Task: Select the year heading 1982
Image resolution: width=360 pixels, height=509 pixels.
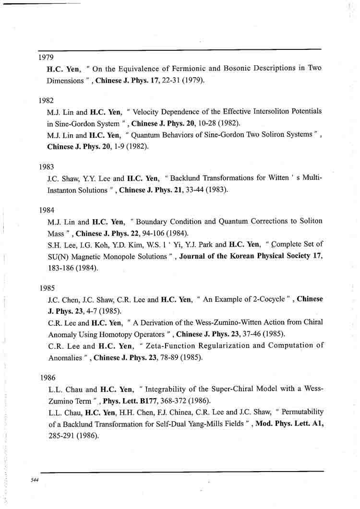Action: (x=46, y=101)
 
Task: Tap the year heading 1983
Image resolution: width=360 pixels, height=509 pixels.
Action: (x=46, y=167)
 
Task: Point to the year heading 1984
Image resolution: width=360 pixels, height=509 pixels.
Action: (x=47, y=210)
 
